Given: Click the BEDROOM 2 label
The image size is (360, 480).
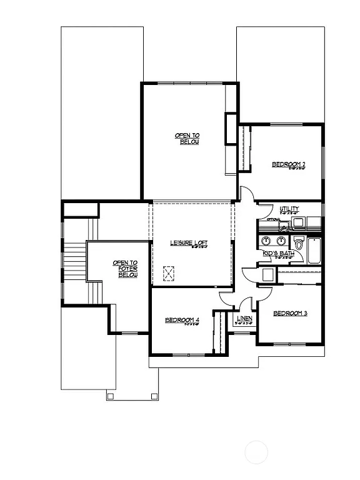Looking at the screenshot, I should (288, 164).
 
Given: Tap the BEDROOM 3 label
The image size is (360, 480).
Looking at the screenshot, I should (290, 313).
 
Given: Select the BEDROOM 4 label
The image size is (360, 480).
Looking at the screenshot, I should (182, 321).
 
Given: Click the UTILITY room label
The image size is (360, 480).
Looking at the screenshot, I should (289, 209).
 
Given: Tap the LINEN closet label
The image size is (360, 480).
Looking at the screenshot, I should (244, 319).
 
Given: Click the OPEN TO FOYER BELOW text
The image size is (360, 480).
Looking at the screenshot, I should (125, 269).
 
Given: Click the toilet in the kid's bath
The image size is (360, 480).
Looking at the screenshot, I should (299, 244).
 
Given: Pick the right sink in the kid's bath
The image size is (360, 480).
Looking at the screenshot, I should (281, 241).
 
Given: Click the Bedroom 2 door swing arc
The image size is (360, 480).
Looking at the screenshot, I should (248, 194).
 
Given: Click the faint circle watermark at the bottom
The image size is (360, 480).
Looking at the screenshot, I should (256, 452).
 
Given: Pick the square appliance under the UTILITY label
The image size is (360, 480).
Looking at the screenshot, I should (298, 222).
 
